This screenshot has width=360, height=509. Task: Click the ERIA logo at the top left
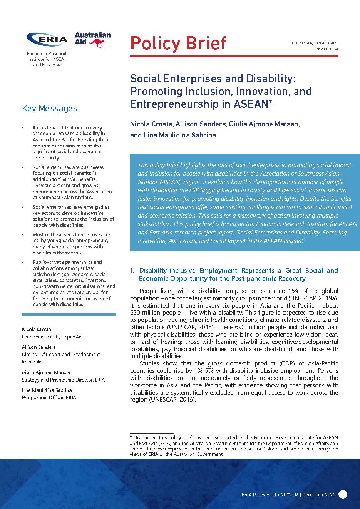(x=47, y=39)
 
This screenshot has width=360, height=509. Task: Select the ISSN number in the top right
(x=325, y=49)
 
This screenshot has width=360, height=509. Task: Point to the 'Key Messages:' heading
(x=51, y=108)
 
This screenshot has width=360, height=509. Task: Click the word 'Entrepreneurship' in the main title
(x=171, y=104)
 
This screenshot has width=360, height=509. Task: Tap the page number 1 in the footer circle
(x=343, y=494)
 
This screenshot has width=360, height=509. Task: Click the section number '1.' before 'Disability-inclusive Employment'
(x=133, y=271)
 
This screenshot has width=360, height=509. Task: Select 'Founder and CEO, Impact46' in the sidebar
(x=52, y=337)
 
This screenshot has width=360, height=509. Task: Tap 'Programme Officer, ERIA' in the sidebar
(x=49, y=398)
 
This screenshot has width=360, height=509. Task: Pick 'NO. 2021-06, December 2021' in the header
(x=315, y=43)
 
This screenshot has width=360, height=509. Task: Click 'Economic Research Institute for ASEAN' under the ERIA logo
(x=47, y=56)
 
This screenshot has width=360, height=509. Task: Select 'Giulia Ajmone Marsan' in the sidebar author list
(x=46, y=373)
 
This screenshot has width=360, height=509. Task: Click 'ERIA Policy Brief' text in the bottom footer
(x=259, y=494)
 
